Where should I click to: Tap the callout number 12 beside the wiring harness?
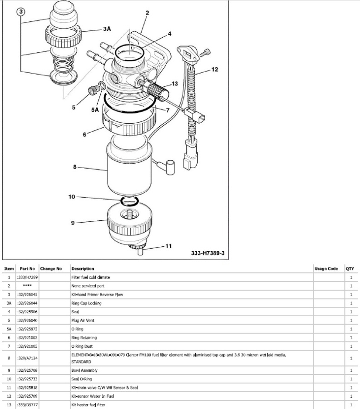(x=215, y=70)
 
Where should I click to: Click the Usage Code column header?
(x=326, y=269)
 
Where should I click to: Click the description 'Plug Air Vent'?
(x=83, y=320)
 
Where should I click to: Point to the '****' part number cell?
(x=27, y=286)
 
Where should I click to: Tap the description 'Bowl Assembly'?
(x=85, y=370)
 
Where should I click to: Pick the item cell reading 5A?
(x=9, y=329)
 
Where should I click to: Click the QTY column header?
(x=350, y=269)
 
